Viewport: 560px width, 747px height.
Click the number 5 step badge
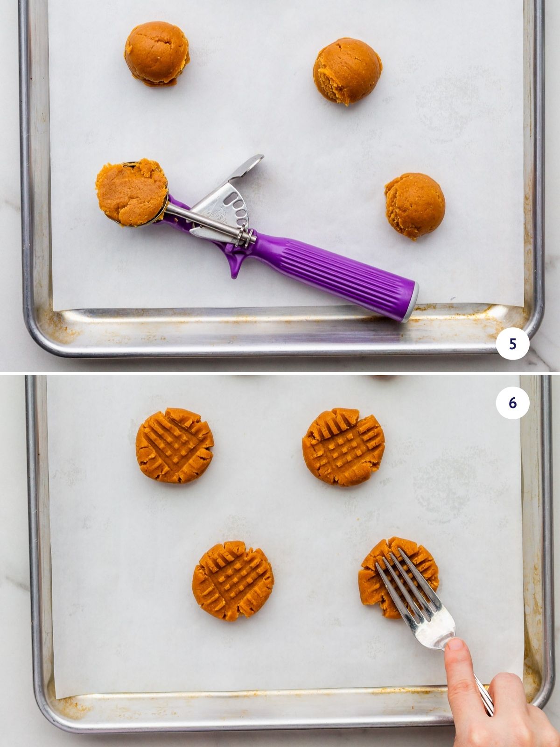[512, 344]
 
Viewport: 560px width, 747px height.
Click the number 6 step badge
[512, 402]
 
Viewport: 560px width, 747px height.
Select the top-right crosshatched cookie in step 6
[343, 446]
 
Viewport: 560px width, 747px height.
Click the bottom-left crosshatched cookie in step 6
[232, 580]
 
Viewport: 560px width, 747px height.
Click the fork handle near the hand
[483, 691]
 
